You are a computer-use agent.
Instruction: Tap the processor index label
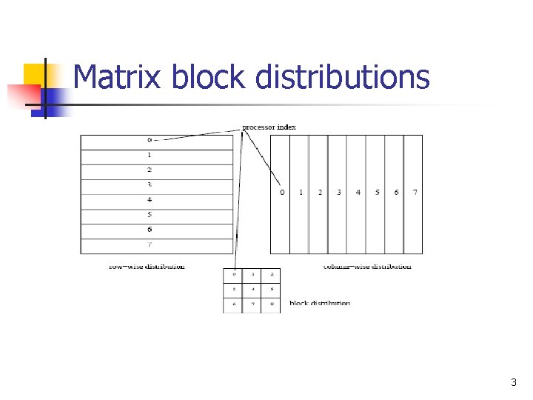coord(269,127)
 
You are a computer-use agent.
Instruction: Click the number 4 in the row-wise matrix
coord(150,200)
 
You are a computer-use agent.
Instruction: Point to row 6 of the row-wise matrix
coord(156,230)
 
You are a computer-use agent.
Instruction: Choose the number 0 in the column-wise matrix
coord(282,193)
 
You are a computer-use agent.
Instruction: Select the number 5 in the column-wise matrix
coord(378,193)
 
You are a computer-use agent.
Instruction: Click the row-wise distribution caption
coord(147,266)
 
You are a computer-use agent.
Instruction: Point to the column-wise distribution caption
coord(367,266)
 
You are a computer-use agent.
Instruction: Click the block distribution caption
coord(320,303)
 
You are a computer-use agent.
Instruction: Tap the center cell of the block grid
coord(252,289)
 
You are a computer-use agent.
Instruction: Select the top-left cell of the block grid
coord(233,275)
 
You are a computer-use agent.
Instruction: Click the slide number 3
coord(514,383)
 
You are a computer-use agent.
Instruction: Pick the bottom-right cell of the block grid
coord(271,304)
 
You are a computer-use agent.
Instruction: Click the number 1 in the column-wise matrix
coord(301,193)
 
